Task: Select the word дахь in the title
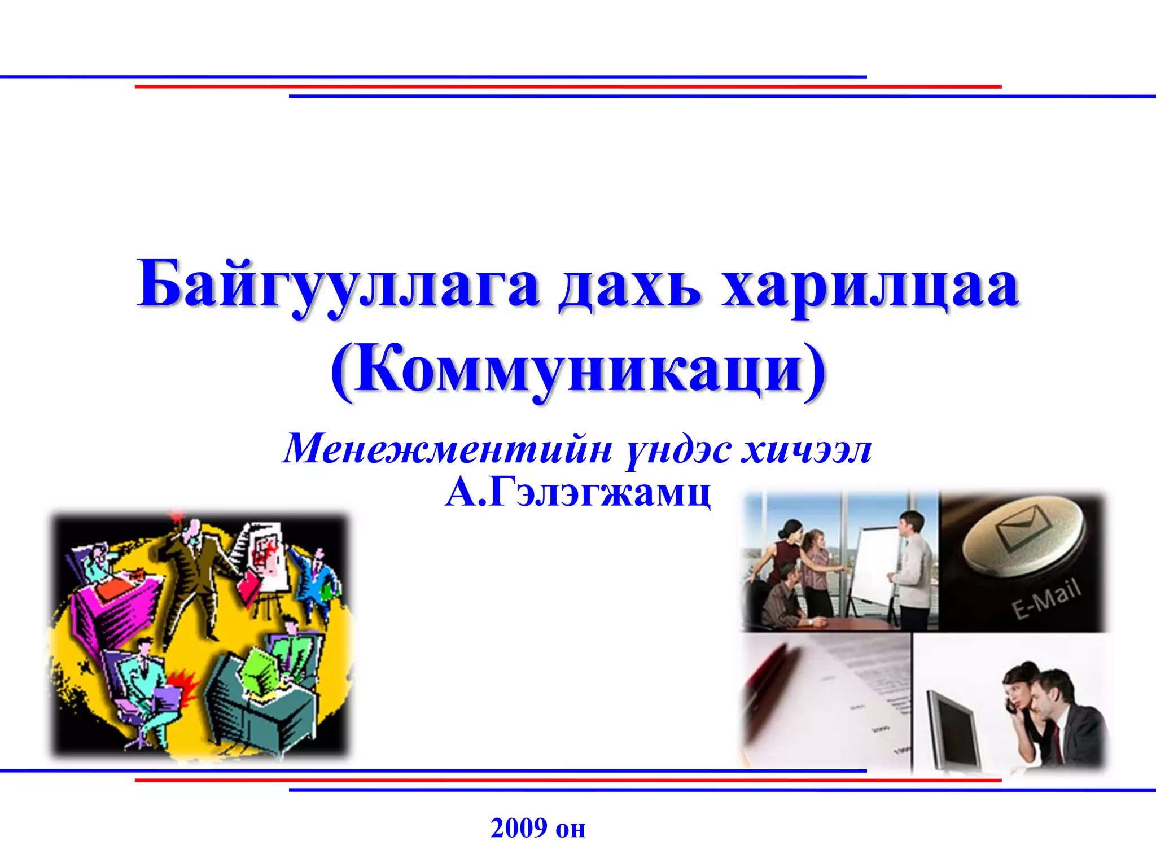click(630, 286)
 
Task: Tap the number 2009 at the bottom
click(519, 828)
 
